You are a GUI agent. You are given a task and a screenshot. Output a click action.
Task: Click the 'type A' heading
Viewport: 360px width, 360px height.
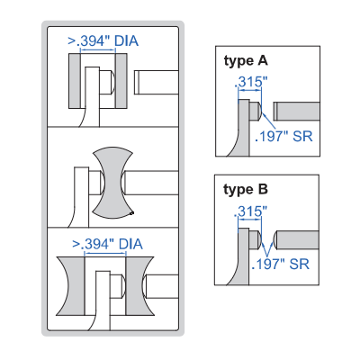[246, 61]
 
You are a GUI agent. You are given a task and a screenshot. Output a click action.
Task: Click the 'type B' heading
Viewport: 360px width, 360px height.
[246, 190]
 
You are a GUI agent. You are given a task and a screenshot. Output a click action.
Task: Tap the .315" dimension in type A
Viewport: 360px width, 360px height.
[251, 82]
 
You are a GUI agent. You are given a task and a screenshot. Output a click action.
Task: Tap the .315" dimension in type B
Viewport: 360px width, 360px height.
[250, 211]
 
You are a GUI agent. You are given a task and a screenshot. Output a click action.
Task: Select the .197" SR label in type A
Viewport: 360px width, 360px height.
[283, 137]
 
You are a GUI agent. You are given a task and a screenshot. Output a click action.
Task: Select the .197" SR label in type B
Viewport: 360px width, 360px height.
[281, 265]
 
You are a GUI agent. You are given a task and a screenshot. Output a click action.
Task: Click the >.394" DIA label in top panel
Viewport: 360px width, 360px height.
[103, 40]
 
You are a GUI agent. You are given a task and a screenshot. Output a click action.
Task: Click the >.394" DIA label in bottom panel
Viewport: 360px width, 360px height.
[107, 244]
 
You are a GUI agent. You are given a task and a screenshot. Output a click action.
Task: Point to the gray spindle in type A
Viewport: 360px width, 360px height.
[296, 112]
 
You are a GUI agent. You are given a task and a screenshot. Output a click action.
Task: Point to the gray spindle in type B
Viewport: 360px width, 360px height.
[296, 240]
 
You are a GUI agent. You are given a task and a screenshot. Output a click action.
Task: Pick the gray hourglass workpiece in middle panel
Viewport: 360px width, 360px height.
[112, 183]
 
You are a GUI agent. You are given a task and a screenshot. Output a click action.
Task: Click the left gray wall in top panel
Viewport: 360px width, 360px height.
[75, 81]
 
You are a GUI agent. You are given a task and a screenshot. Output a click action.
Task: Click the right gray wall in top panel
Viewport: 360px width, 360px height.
[121, 81]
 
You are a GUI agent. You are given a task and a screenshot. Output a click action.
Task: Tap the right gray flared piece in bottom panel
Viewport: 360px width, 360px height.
[138, 286]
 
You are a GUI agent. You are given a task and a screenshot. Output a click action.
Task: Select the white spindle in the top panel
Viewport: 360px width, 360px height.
[157, 82]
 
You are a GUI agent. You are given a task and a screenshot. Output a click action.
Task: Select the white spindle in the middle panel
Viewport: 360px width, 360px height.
[151, 183]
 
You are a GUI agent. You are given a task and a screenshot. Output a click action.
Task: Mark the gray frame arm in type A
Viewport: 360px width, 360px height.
[241, 129]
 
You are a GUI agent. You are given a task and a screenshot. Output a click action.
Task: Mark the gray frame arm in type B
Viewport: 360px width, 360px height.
[241, 257]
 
